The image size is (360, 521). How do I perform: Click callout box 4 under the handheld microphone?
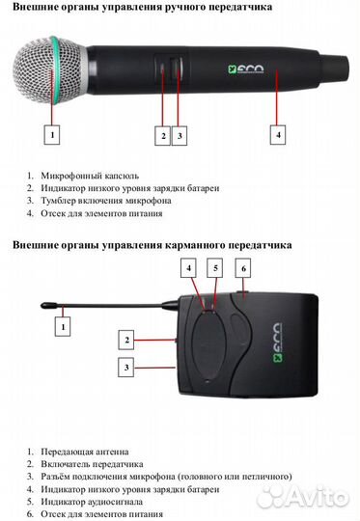[x=278, y=136]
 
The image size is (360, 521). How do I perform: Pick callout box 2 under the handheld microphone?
[x=163, y=136]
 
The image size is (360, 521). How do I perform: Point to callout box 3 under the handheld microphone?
[x=180, y=136]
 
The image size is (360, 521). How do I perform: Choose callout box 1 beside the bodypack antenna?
[x=64, y=328]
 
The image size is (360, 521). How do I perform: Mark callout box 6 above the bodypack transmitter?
[x=244, y=267]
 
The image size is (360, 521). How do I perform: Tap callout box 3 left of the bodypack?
[x=125, y=367]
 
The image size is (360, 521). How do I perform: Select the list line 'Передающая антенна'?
[x=85, y=451]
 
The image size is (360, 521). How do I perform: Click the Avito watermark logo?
[x=306, y=496]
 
